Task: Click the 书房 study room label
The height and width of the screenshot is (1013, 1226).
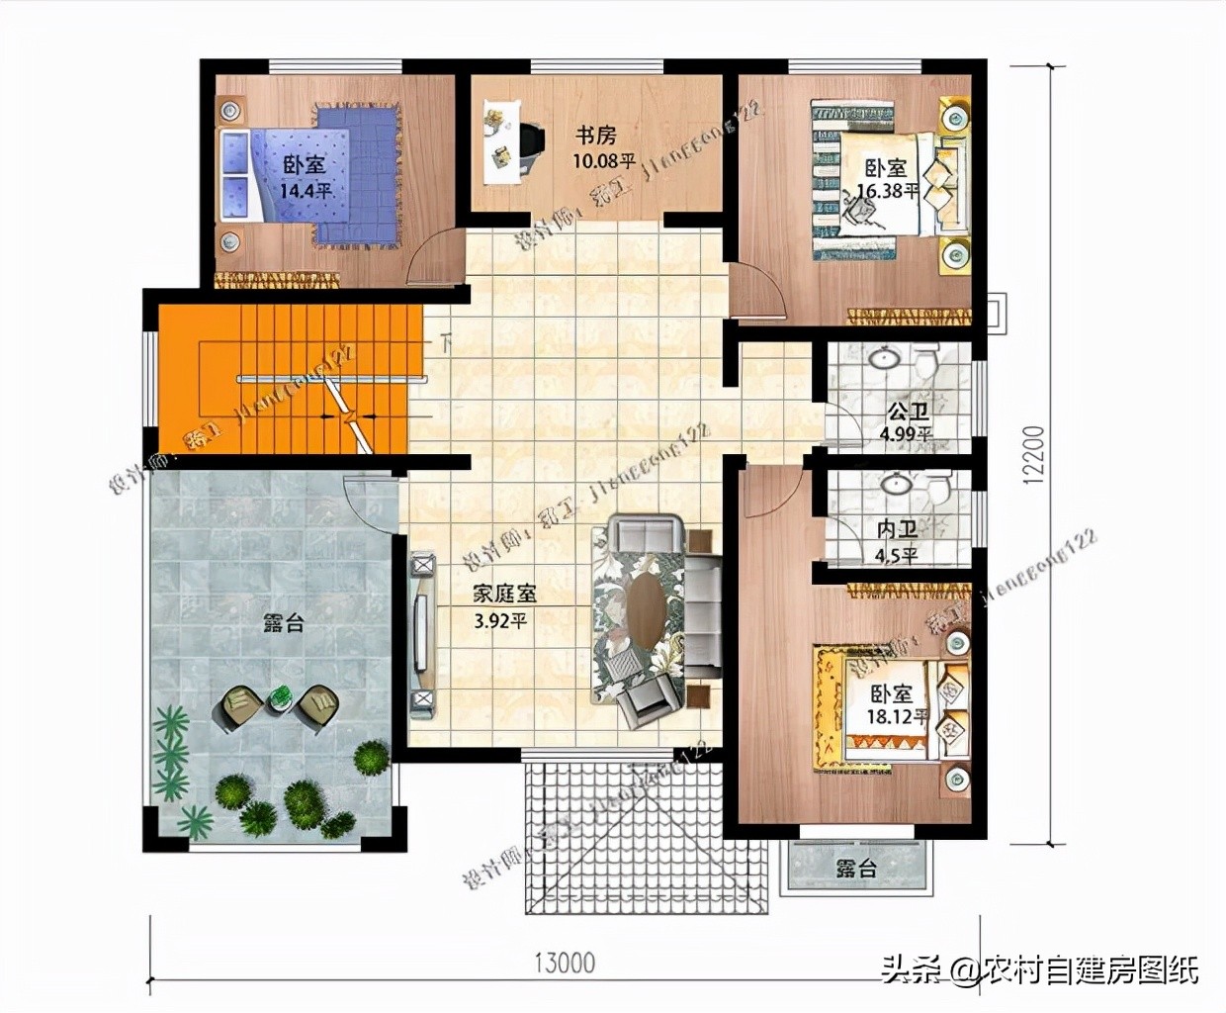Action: tap(596, 134)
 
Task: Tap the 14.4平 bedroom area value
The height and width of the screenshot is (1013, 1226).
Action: tap(305, 190)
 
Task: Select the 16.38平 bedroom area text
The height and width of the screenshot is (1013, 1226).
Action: tap(887, 191)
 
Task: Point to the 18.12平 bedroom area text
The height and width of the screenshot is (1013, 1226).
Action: tap(895, 716)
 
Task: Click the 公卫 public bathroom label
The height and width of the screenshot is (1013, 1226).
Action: tap(907, 411)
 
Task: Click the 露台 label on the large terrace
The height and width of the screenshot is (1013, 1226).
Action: tap(284, 623)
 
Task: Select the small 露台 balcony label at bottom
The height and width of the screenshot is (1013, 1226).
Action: tap(856, 869)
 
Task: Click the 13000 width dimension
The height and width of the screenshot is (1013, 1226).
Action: tap(565, 962)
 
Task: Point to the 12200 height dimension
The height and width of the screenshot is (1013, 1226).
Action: tap(1034, 456)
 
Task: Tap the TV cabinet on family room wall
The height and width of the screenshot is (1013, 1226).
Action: tap(422, 633)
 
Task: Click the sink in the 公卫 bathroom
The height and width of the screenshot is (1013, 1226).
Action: tap(882, 358)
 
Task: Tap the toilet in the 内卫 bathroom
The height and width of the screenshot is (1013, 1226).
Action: tap(937, 487)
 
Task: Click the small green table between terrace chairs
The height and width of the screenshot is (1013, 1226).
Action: tap(281, 698)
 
